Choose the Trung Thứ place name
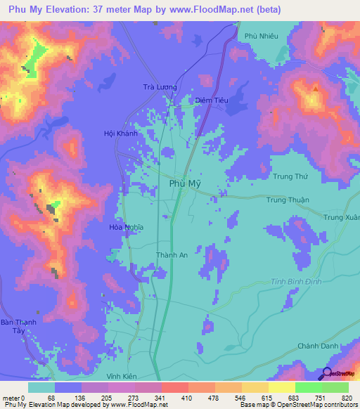pos(291,176)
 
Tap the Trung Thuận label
pos(288,200)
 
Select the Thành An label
pos(172,256)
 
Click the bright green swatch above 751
pos(309,387)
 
